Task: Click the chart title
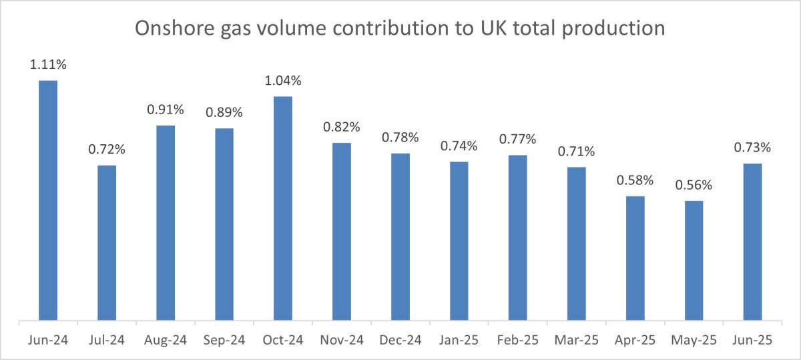(x=400, y=29)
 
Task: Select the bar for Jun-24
(x=48, y=200)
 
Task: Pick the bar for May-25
(x=694, y=260)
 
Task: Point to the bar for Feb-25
(x=518, y=238)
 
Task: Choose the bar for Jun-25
(x=753, y=242)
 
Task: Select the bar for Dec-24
(x=400, y=237)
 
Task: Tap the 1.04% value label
(x=283, y=81)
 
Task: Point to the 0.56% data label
(x=694, y=186)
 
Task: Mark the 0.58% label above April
(x=635, y=181)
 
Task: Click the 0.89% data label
(x=224, y=114)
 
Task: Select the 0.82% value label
(x=342, y=127)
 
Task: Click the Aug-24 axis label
(x=166, y=341)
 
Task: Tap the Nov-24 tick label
(x=342, y=341)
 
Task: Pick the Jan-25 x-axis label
(x=459, y=341)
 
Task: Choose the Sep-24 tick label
(x=224, y=341)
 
